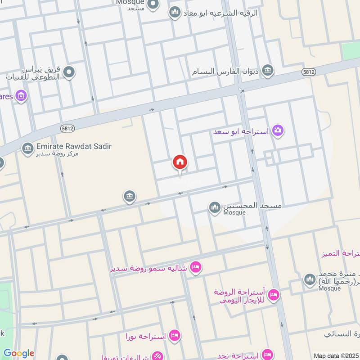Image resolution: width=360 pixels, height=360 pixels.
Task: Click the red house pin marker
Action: pos(180,162)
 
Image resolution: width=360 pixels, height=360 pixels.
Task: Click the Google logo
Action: pos(18,353)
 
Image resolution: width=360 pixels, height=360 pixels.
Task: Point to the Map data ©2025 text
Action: pos(336,355)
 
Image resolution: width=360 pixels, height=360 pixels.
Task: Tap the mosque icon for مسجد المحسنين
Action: pos(215,207)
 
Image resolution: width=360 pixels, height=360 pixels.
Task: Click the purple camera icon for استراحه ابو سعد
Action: pos(279,130)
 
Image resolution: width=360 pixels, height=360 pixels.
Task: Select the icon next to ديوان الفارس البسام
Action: pos(268,71)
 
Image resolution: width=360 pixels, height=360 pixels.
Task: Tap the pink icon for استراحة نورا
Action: pos(175,335)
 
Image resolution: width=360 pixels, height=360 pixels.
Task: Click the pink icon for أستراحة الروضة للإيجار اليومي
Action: pos(273,295)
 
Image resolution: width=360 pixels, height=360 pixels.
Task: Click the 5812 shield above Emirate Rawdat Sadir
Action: pos(65,128)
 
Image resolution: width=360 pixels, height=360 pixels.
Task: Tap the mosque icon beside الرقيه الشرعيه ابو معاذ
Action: pos(175,13)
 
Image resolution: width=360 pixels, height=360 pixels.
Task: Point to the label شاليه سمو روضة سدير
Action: pos(150,269)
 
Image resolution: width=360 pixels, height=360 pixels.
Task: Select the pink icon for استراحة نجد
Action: pos(268,354)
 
